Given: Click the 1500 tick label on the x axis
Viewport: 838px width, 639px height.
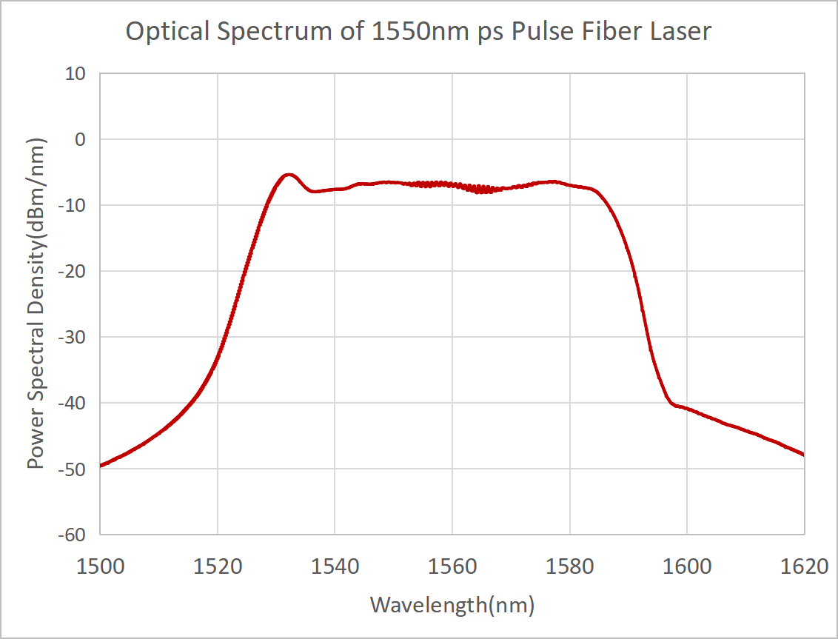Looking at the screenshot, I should [100, 567].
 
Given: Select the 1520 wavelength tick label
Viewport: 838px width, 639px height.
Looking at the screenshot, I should [217, 567].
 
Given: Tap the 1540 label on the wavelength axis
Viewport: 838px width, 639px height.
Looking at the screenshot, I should [335, 567].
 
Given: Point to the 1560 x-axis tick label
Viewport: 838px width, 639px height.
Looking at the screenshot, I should [452, 567].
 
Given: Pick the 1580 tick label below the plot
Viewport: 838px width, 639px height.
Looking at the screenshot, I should [569, 567].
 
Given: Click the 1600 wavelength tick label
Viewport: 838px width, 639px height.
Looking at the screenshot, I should [686, 567].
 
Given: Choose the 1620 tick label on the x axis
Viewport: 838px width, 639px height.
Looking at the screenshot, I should [804, 567].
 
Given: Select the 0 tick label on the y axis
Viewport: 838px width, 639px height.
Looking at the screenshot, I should [81, 139].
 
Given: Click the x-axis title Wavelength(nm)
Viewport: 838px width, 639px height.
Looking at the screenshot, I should [452, 605].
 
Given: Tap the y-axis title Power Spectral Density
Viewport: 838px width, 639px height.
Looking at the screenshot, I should [35, 304].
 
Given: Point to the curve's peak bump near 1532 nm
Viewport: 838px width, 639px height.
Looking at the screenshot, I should [289, 175].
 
